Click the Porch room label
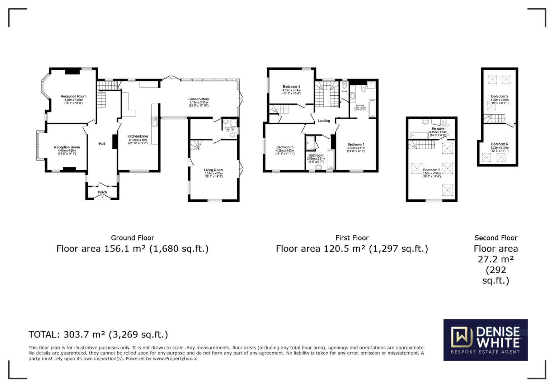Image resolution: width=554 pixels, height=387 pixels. (x=102, y=192)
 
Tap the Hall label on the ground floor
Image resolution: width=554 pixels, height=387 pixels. (x=102, y=144)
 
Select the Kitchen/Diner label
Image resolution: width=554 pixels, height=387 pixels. (x=138, y=136)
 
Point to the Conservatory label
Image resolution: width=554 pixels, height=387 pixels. (x=198, y=99)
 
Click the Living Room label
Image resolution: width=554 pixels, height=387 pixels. (x=213, y=170)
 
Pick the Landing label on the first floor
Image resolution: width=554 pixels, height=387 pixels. (x=324, y=121)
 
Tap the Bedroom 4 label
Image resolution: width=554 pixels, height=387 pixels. (x=291, y=86)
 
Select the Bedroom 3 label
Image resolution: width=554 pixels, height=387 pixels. (x=285, y=147)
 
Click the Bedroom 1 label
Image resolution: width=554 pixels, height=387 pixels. (x=356, y=144)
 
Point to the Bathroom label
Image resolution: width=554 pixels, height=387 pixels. (x=316, y=155)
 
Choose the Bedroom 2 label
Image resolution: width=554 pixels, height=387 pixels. (x=431, y=170)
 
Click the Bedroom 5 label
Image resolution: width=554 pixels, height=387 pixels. (x=499, y=96)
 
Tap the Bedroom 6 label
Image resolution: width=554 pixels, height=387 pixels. (x=499, y=144)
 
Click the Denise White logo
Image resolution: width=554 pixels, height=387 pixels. (x=485, y=340)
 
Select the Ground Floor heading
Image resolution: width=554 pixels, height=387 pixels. (x=132, y=238)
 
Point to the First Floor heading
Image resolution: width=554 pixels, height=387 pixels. (x=352, y=238)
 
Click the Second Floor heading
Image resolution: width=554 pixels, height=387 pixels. (x=496, y=238)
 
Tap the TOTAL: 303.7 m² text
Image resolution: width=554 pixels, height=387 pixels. (x=98, y=334)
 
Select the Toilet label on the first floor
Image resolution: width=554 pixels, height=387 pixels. (x=344, y=91)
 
